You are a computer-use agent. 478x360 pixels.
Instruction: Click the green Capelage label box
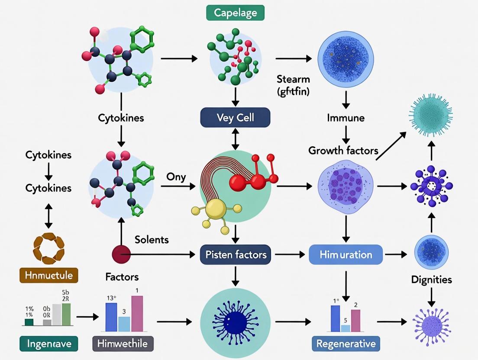point(235,13)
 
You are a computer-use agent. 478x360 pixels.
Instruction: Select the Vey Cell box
point(235,118)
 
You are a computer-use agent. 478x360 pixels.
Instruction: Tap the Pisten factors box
point(235,254)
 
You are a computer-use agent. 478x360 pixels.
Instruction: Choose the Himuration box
point(346,254)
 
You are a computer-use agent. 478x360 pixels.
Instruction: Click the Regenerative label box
point(346,344)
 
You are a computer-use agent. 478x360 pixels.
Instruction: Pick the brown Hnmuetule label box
point(48,275)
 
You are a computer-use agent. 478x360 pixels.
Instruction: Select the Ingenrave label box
point(48,344)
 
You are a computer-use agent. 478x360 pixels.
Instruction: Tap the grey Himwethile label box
point(123,344)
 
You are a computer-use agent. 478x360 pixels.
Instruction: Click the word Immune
point(346,118)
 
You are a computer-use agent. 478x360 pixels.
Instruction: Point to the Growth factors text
point(343,151)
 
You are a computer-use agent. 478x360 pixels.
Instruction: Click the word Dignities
point(431,280)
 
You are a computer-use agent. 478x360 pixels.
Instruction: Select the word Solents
point(152,239)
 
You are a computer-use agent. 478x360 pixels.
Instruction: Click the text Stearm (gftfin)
point(293,85)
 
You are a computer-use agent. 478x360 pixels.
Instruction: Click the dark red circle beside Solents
point(121,254)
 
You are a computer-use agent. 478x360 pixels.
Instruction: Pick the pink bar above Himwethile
point(137,314)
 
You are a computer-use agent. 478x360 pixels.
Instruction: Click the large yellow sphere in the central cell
point(215,209)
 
